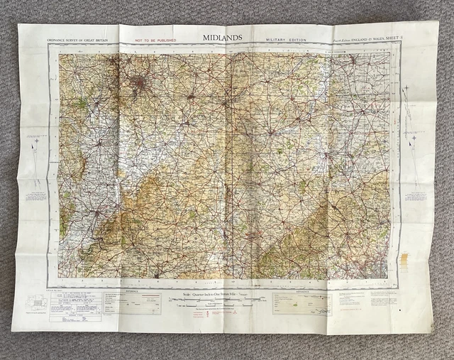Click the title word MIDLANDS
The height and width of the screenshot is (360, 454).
(x=222, y=37)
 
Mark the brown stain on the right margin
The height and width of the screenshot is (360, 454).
(x=404, y=260)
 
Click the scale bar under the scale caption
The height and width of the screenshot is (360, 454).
(x=220, y=302)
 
